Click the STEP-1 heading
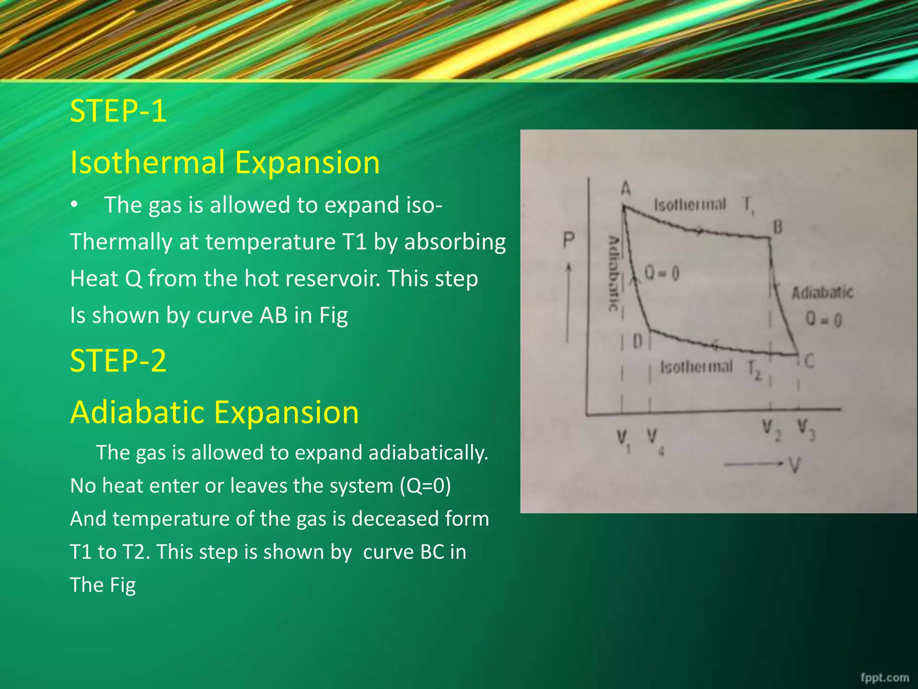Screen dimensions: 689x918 point(118,111)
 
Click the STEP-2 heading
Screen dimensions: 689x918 point(118,361)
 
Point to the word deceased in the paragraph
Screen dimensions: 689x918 point(395,519)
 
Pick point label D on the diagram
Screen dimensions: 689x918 point(637,342)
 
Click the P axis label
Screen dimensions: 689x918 point(568,241)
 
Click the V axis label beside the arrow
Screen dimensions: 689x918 point(794,466)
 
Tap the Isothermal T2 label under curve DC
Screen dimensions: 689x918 point(710,369)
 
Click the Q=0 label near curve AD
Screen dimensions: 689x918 point(662,273)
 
